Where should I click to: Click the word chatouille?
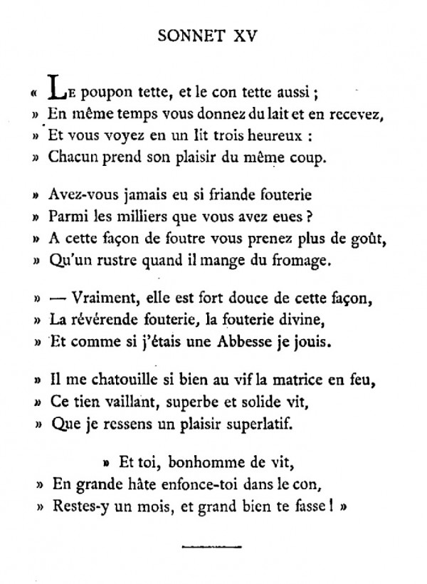[114, 381]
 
